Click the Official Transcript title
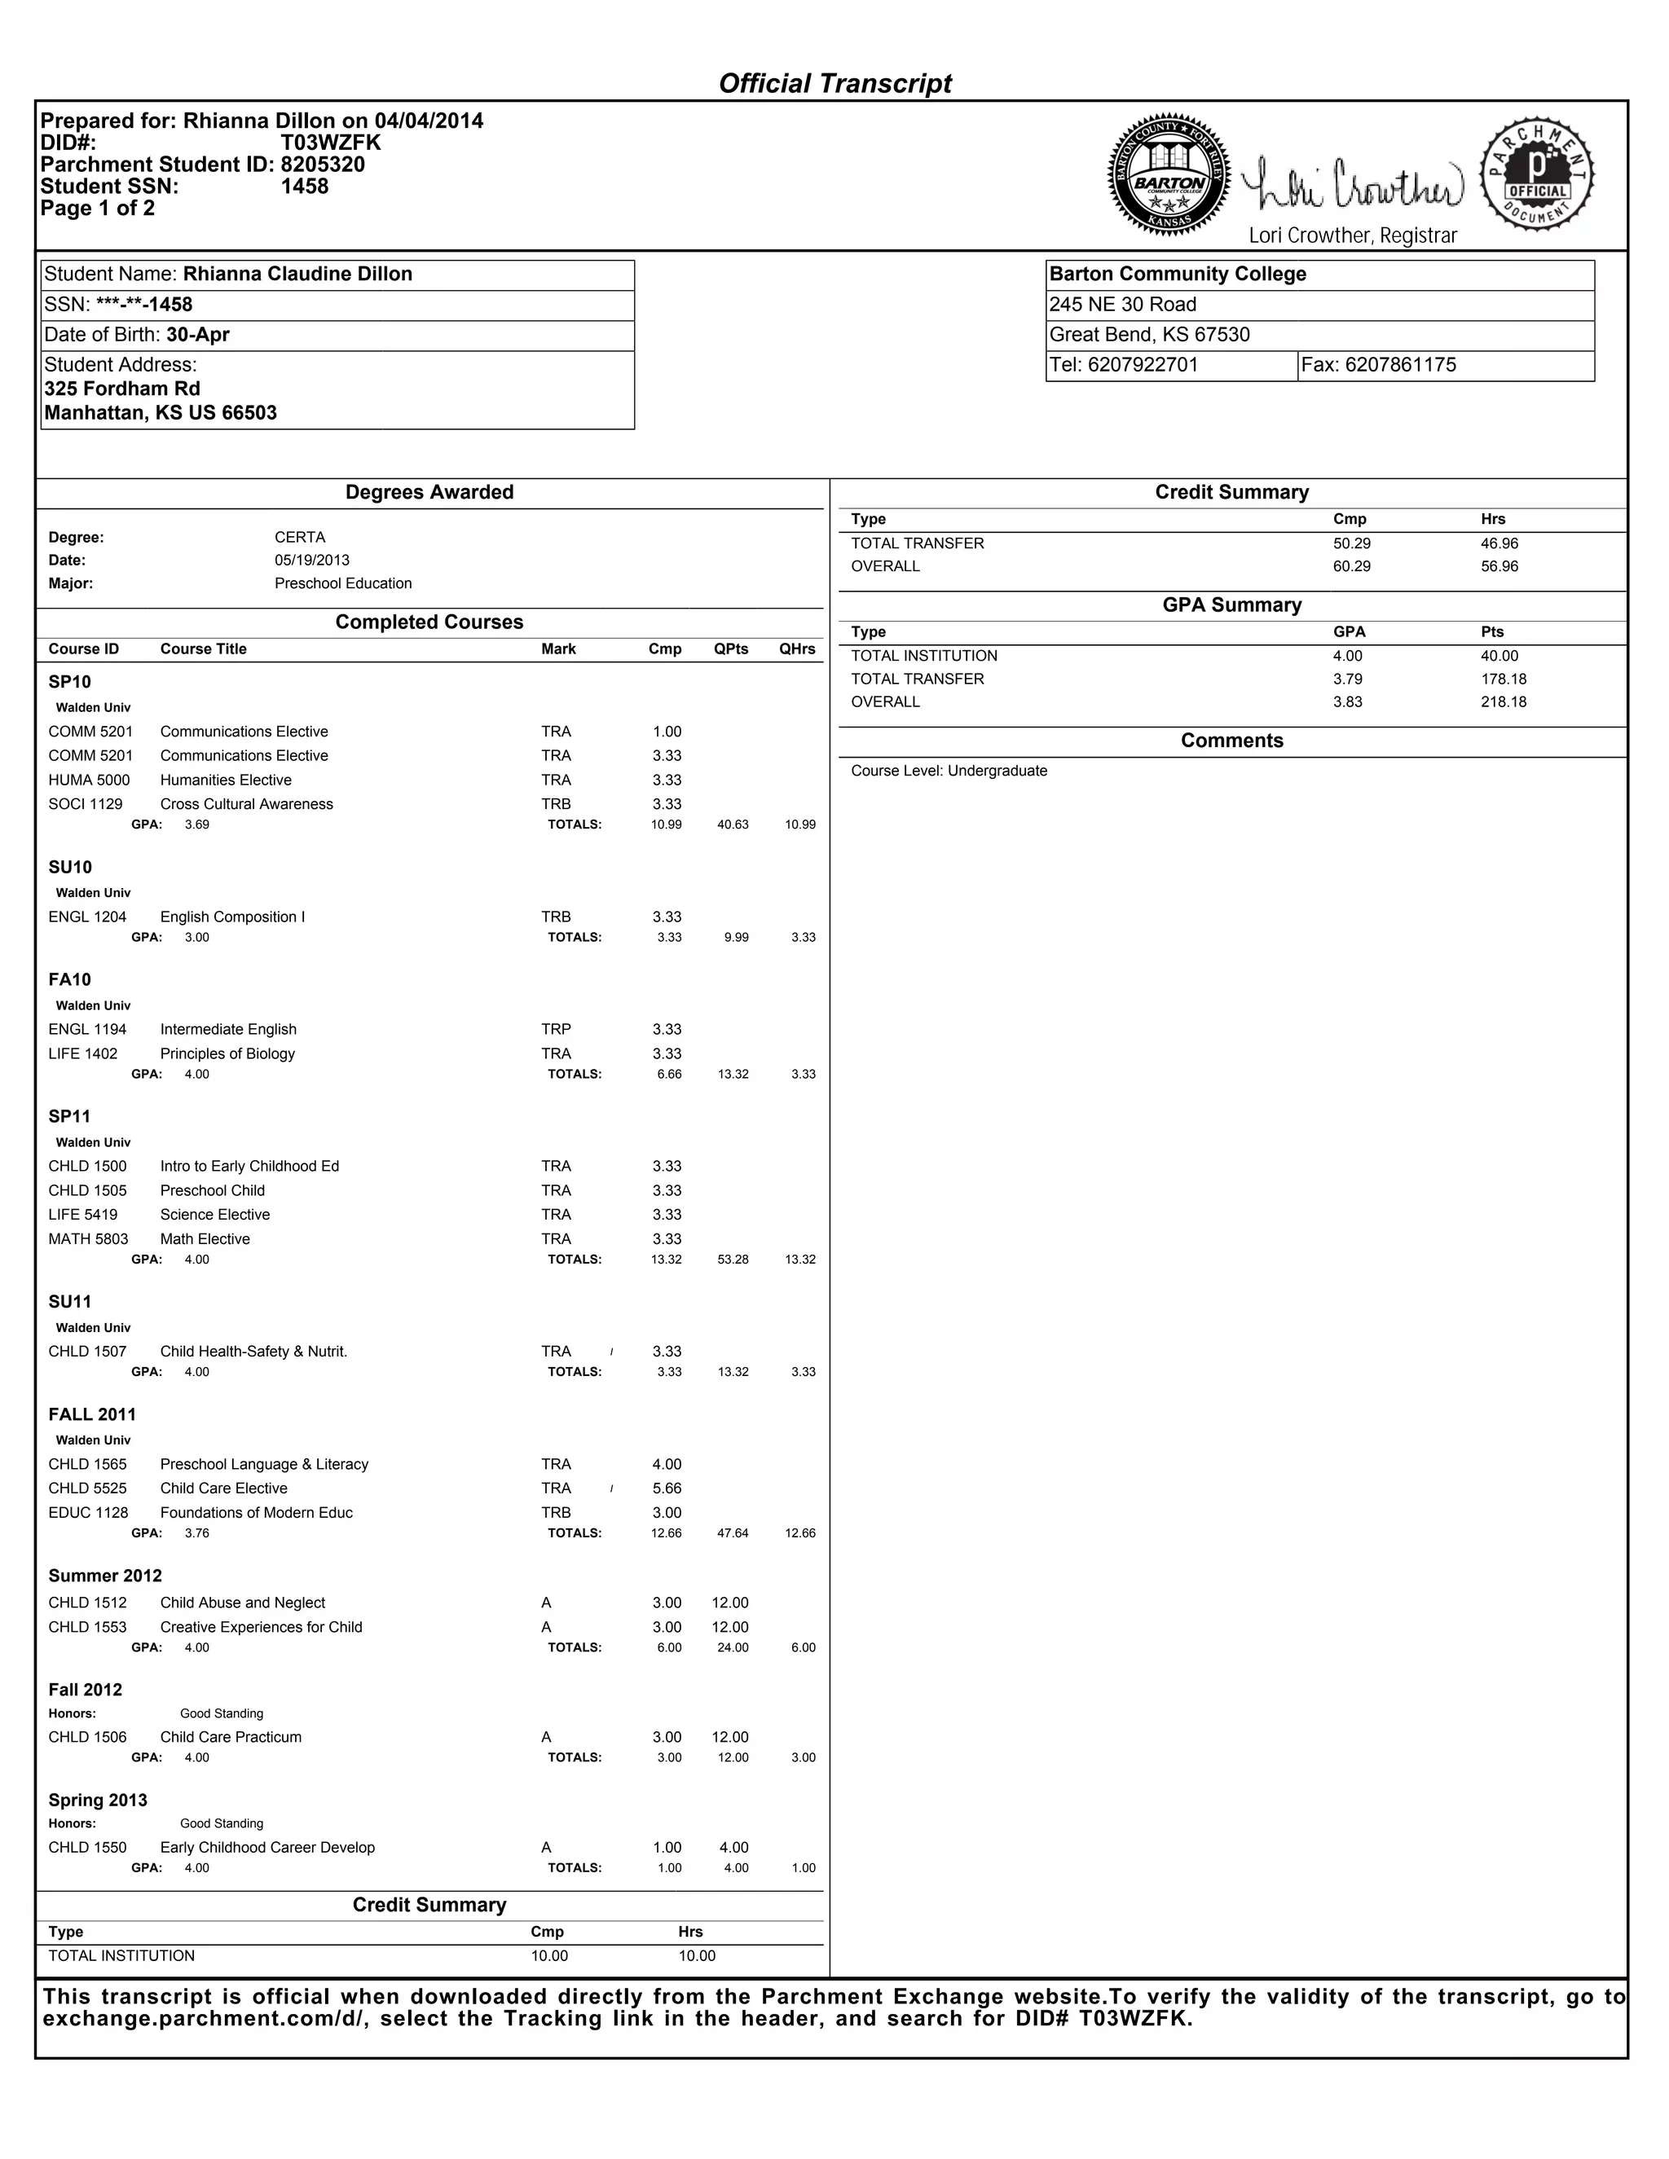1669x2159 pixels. (x=834, y=83)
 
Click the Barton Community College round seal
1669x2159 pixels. (x=1169, y=177)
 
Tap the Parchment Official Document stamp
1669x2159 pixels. (x=1536, y=174)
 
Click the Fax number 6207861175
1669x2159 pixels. (x=1400, y=365)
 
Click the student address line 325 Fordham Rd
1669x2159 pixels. (x=122, y=389)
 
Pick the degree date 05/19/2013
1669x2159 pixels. (x=311, y=561)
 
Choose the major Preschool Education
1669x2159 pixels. (x=343, y=583)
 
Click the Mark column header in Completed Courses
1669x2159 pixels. (x=558, y=649)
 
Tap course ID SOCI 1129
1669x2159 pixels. (x=86, y=803)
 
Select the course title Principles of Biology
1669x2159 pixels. (x=227, y=1053)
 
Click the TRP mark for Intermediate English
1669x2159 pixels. (x=556, y=1029)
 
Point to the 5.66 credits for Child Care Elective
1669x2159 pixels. (x=667, y=1488)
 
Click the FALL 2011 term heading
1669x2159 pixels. (x=92, y=1414)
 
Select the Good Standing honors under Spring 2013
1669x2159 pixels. (x=222, y=1824)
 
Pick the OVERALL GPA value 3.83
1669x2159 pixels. (x=1346, y=701)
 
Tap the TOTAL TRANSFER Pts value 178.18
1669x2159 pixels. (x=1503, y=679)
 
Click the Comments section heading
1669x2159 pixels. (x=1231, y=741)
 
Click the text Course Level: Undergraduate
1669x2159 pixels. (x=949, y=771)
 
